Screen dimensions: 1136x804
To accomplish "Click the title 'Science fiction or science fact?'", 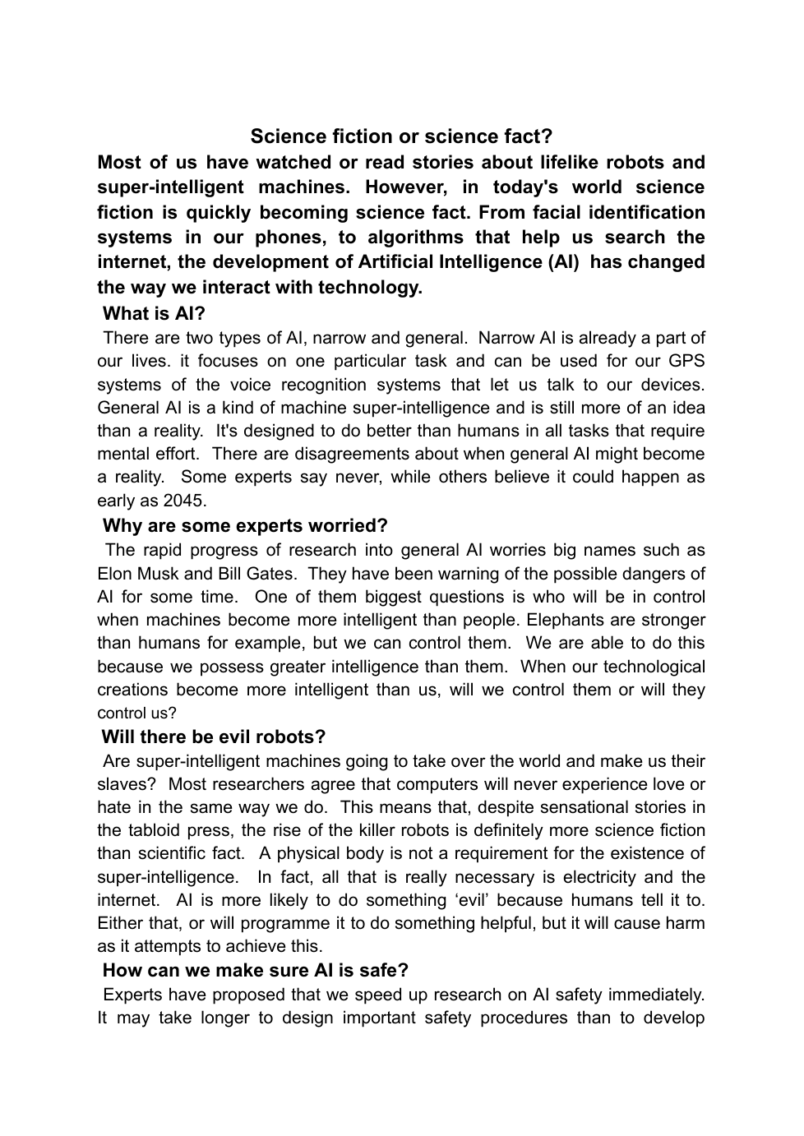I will pyautogui.click(x=401, y=136).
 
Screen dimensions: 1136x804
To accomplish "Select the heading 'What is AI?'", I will pyautogui.click(x=154, y=313).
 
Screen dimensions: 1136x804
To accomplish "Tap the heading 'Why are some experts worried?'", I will pyautogui.click(x=245, y=525).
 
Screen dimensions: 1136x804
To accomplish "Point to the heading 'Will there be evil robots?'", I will pyautogui.click(x=214, y=737).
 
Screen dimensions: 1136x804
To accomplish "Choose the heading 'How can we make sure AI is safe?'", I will pyautogui.click(x=256, y=970).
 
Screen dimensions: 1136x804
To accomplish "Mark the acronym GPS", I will pyautogui.click(x=686, y=361).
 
